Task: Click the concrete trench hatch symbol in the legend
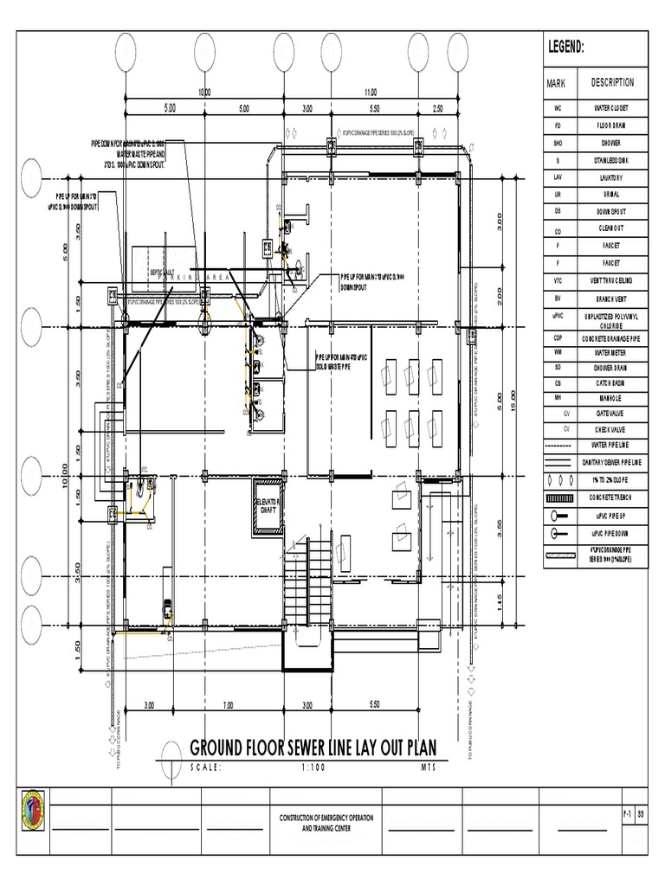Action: [x=558, y=497]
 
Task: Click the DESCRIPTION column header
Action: [x=612, y=83]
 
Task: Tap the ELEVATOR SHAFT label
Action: [x=267, y=505]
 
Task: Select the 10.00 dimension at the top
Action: [x=204, y=91]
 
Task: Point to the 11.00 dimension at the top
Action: [x=371, y=91]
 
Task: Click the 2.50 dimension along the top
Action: [x=437, y=109]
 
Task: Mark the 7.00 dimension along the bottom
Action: [x=227, y=705]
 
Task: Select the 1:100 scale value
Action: [x=316, y=767]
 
